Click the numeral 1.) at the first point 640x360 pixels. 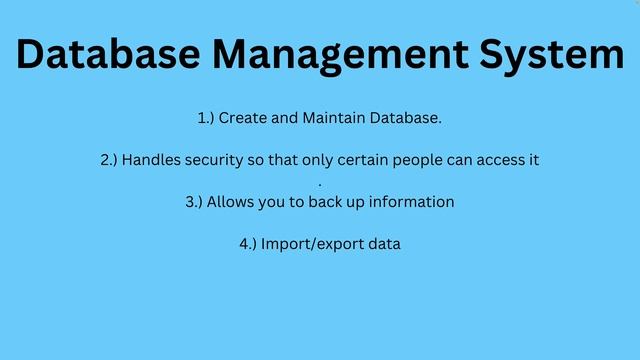tap(206, 118)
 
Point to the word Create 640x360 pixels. tap(243, 118)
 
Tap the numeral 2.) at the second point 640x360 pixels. tap(109, 160)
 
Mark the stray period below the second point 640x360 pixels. tap(320, 184)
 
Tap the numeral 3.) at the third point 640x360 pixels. tap(194, 202)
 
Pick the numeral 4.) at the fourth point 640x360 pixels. tap(248, 244)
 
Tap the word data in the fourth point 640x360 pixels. tap(383, 244)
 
